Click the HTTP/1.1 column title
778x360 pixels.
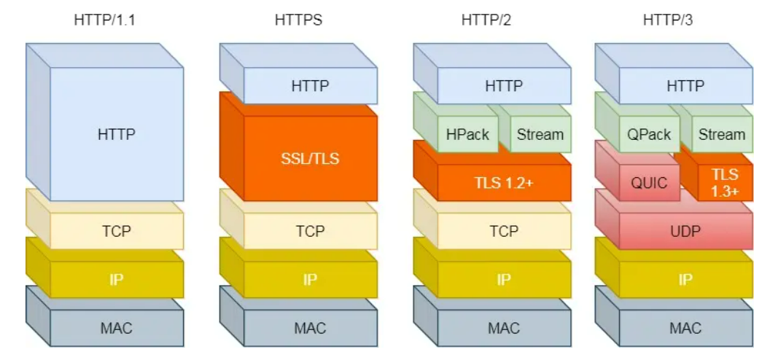[104, 20]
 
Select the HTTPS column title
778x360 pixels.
[298, 20]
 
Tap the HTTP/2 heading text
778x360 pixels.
[486, 20]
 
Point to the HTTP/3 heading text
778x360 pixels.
[667, 20]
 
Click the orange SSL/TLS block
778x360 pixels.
[310, 157]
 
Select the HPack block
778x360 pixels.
[467, 134]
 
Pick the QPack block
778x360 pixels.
[648, 134]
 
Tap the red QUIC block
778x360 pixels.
[649, 182]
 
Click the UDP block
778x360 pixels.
[685, 231]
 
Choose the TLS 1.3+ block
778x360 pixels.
[726, 182]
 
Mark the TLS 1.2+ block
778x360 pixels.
[504, 183]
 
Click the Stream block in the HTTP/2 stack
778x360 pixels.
[540, 134]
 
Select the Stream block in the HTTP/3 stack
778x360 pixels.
[722, 134]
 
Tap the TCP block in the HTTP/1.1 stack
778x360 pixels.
[117, 231]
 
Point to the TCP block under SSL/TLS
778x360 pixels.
[310, 231]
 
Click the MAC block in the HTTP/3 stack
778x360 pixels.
[685, 328]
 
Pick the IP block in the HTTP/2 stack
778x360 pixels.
[504, 279]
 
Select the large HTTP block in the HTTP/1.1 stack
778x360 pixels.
[117, 134]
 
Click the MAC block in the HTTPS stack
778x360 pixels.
[310, 328]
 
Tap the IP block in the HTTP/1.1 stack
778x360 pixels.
[117, 279]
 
